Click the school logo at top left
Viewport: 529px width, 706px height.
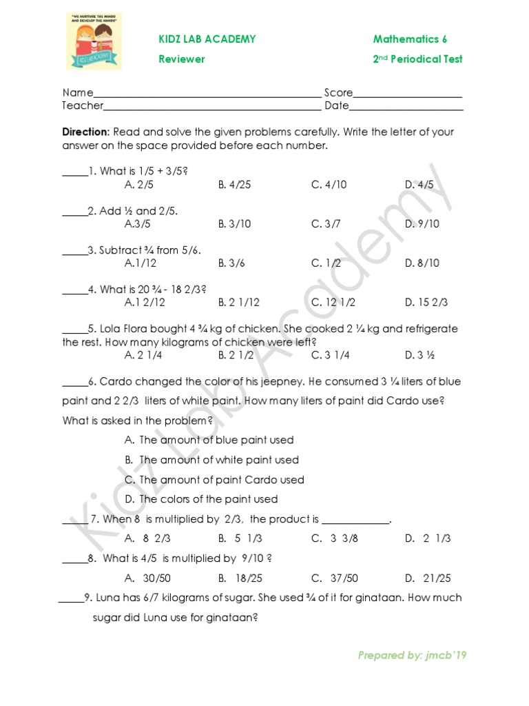click(x=94, y=41)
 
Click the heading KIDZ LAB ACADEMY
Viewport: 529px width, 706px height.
click(x=207, y=39)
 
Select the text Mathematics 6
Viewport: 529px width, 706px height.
click(x=411, y=39)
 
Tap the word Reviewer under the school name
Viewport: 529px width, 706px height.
click(x=182, y=59)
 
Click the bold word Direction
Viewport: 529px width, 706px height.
click(x=85, y=132)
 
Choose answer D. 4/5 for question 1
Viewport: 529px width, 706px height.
click(x=419, y=185)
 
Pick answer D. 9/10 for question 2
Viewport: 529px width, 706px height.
click(x=422, y=224)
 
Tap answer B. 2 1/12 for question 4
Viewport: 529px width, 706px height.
click(x=239, y=303)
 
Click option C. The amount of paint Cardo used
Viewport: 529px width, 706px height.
click(x=214, y=480)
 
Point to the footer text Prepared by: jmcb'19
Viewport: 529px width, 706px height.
click(x=412, y=656)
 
